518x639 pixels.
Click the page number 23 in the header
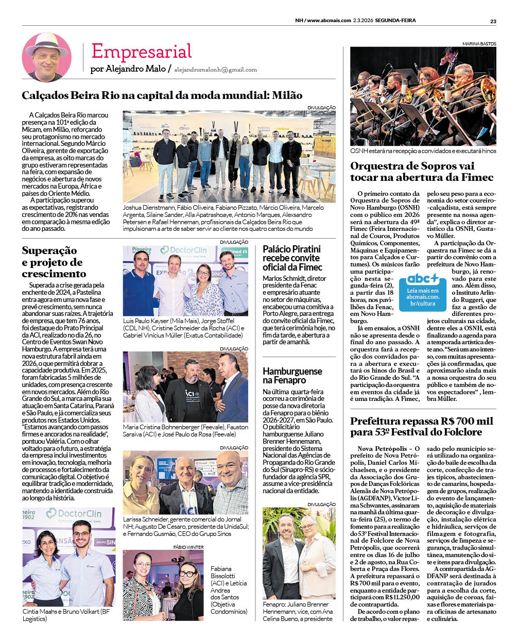click(x=493, y=21)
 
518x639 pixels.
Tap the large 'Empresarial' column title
click(x=141, y=52)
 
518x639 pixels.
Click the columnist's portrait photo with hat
click(x=46, y=57)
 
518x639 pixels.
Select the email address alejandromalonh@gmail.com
click(x=215, y=70)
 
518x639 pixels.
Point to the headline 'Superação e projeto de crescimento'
click(x=54, y=262)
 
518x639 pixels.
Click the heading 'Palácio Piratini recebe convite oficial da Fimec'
click(x=292, y=258)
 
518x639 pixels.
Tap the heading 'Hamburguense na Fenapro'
click(x=292, y=376)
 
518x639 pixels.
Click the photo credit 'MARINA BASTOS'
click(x=479, y=44)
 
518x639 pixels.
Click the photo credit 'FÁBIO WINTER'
click(x=188, y=547)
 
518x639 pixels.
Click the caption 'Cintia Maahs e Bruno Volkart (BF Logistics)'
click(x=66, y=615)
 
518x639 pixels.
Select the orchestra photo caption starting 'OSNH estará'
click(x=423, y=151)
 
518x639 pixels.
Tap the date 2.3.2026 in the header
click(x=363, y=21)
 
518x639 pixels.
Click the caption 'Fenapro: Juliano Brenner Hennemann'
click(x=298, y=611)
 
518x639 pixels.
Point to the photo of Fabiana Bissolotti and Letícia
click(x=163, y=585)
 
